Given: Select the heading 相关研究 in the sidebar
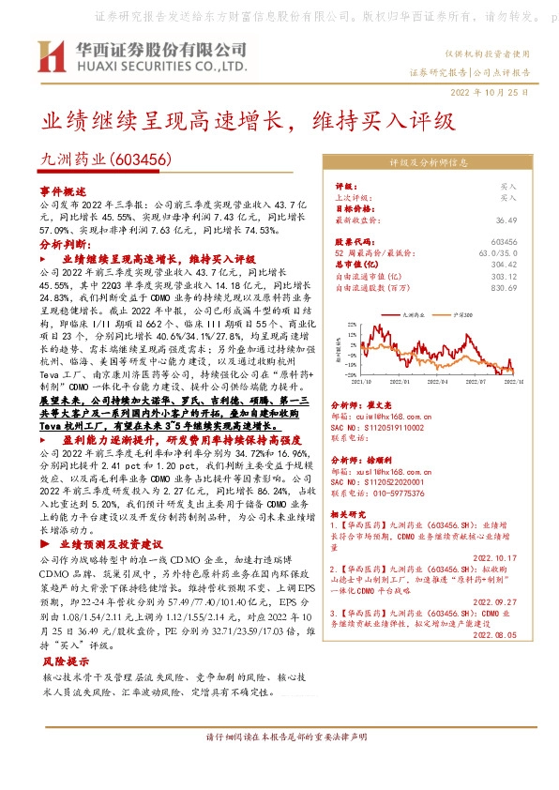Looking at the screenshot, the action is pyautogui.click(x=352, y=514).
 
